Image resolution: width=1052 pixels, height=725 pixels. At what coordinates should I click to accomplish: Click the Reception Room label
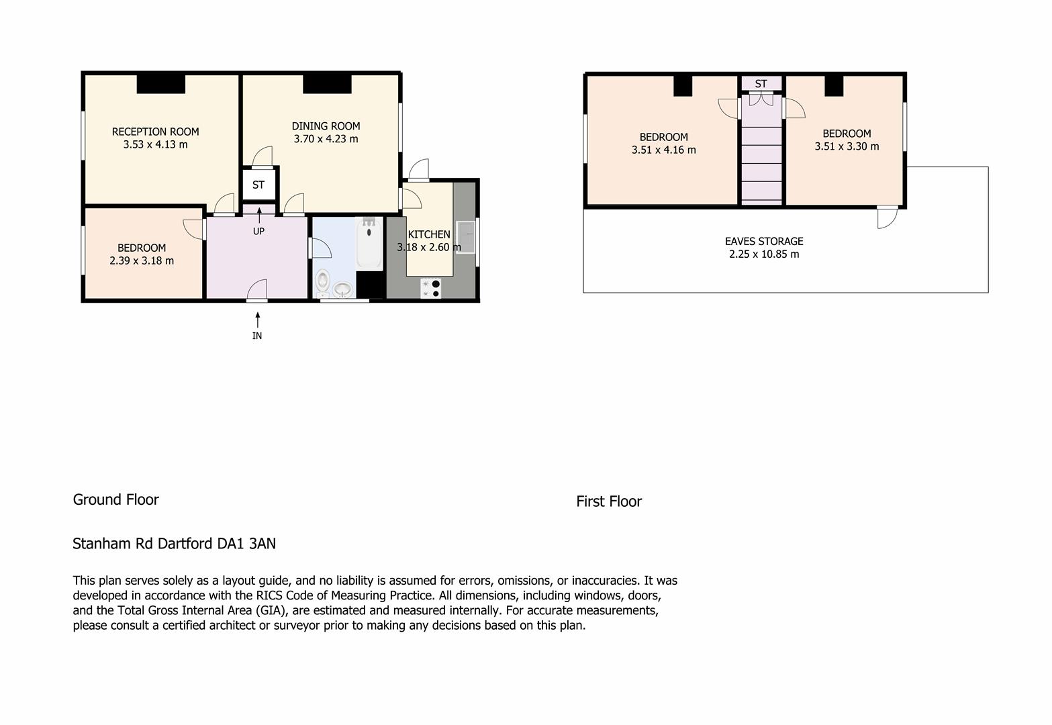point(156,132)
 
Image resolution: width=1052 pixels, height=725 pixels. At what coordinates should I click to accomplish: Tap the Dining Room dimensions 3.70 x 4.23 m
point(326,139)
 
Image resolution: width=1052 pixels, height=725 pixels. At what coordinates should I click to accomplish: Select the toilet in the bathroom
point(322,281)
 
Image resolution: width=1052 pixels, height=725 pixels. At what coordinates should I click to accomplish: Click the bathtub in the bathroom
point(369,244)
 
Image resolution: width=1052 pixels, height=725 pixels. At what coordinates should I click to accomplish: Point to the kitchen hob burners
point(430,289)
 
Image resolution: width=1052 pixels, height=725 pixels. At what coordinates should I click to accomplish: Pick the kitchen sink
point(466,237)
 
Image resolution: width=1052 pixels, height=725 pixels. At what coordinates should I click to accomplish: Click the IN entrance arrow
point(257,320)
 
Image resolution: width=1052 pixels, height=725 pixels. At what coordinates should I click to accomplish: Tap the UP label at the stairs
point(258,232)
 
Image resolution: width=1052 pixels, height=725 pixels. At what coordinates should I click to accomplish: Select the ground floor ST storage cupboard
point(258,185)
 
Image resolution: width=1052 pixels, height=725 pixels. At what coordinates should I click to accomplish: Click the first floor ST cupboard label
point(761,84)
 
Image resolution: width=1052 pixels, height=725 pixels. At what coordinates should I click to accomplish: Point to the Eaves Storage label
point(764,242)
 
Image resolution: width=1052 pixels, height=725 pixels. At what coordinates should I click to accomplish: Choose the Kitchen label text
point(429,234)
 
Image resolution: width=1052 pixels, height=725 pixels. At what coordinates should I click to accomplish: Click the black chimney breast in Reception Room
point(161,84)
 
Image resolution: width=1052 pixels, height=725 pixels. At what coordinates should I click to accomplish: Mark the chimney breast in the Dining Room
point(328,84)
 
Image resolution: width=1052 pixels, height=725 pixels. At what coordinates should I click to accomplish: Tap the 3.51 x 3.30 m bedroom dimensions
point(847,146)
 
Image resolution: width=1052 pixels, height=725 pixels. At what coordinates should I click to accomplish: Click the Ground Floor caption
point(116,499)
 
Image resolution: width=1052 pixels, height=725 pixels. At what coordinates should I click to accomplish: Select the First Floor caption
point(609,501)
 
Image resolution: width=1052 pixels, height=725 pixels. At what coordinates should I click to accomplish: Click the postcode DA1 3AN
point(246,544)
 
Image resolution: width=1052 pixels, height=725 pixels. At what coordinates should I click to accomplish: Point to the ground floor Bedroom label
point(142,248)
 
